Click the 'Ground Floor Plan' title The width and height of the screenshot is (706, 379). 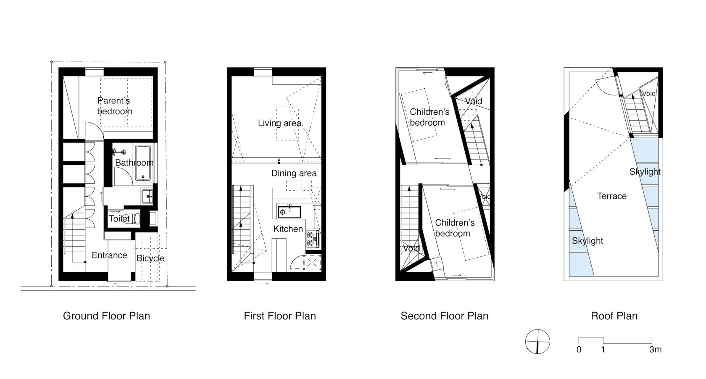[x=107, y=316]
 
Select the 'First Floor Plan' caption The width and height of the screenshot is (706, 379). [x=280, y=316]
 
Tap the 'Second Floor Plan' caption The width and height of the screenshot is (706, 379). [x=445, y=316]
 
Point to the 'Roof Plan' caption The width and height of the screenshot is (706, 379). [x=614, y=316]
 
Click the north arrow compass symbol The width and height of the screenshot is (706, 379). [x=538, y=342]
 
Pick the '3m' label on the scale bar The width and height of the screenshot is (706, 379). [x=655, y=350]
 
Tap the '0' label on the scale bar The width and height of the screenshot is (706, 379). [x=579, y=350]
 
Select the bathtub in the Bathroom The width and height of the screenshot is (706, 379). [x=143, y=163]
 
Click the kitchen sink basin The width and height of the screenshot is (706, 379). [x=289, y=212]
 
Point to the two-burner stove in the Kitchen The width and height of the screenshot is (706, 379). [x=312, y=239]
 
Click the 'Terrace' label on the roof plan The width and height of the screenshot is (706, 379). [x=612, y=196]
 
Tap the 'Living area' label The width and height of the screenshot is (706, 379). [x=279, y=123]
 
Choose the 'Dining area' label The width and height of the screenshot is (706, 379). [x=294, y=173]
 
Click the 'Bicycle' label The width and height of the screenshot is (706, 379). [x=150, y=258]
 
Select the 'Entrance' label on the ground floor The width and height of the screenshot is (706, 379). [x=109, y=255]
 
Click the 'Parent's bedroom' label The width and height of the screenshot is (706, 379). [x=114, y=106]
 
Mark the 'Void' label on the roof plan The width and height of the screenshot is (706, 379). [x=649, y=94]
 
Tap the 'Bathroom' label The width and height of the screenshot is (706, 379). [x=134, y=163]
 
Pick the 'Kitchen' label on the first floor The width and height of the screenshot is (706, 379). [x=288, y=229]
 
